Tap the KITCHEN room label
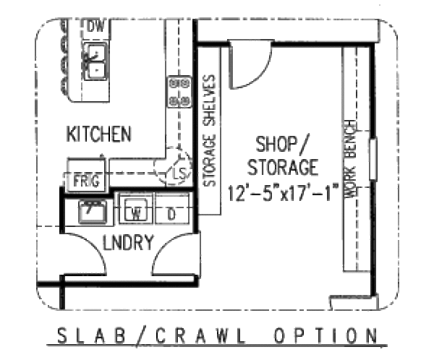[99, 134]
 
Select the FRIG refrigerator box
[87, 180]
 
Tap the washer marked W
[135, 213]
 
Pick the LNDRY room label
[127, 243]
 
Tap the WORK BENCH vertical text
[351, 159]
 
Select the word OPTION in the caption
[325, 336]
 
